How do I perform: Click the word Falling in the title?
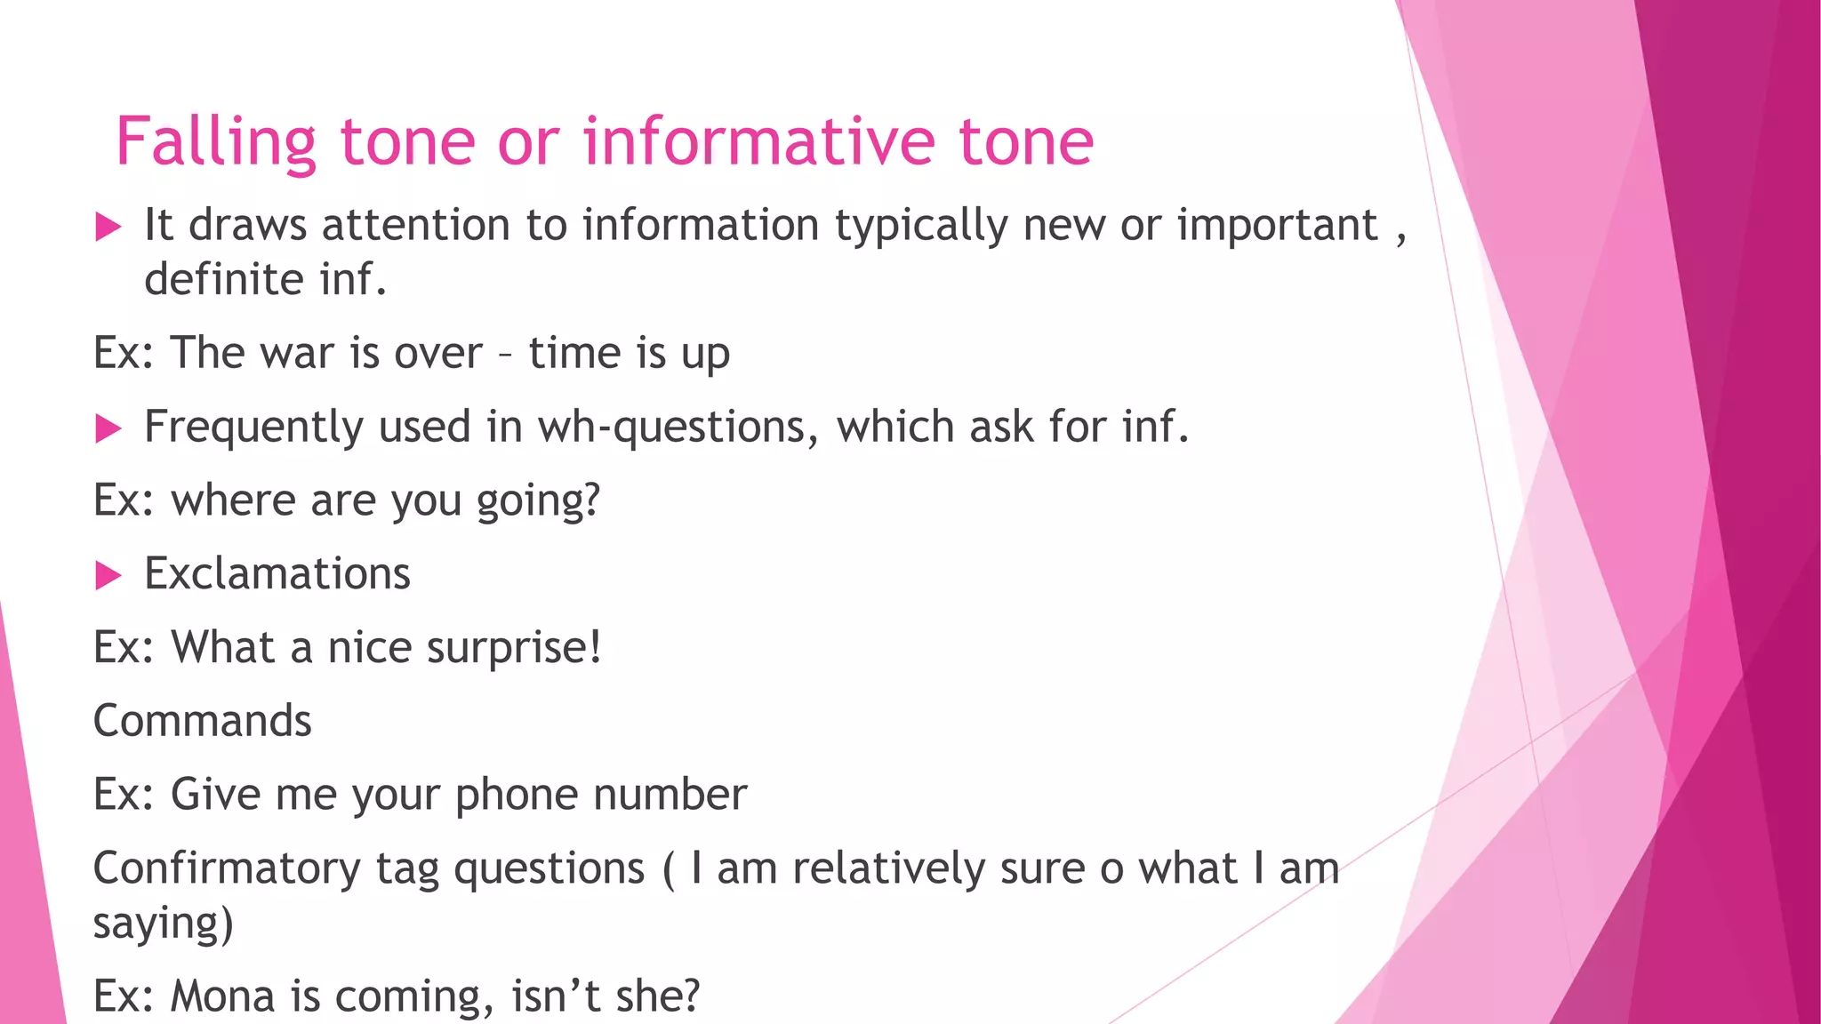(x=215, y=142)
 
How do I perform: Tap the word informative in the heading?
(x=759, y=142)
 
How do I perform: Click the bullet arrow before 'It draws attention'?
(x=108, y=227)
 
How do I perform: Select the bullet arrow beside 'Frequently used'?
(x=108, y=429)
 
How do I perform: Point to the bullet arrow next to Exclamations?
(x=108, y=576)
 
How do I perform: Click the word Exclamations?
(x=277, y=574)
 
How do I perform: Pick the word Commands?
(x=203, y=721)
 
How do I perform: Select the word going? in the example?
(x=539, y=501)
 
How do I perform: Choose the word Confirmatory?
(x=227, y=868)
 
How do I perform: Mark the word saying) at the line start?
(x=164, y=924)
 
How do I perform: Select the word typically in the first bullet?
(x=921, y=226)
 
